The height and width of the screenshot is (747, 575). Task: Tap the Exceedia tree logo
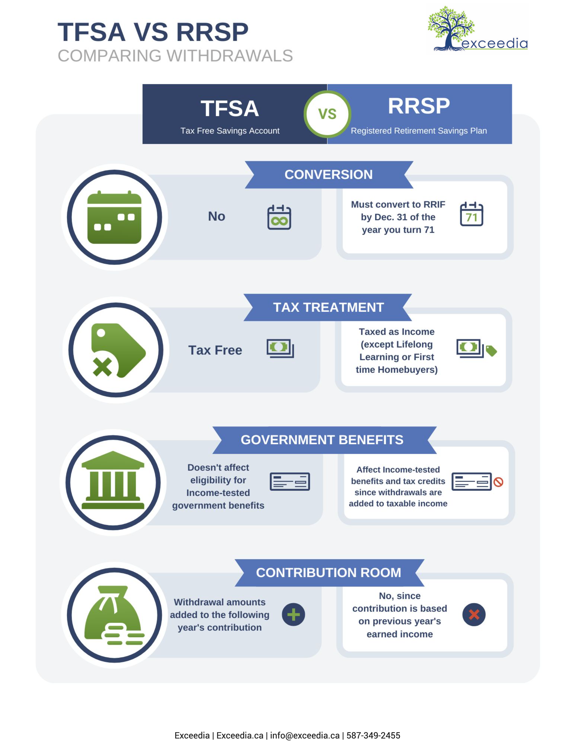click(478, 29)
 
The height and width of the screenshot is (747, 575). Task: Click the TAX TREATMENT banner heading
click(328, 307)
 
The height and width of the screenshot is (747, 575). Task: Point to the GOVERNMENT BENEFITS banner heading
click(322, 440)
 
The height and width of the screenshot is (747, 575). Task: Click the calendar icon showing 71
click(471, 214)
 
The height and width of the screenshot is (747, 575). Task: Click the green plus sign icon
click(294, 615)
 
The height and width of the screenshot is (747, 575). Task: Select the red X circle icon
click(474, 615)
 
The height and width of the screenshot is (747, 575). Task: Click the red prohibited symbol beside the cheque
click(498, 482)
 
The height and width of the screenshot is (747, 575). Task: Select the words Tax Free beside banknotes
click(215, 350)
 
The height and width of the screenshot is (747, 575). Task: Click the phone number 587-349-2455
click(373, 736)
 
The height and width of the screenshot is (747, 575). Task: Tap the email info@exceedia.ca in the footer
click(305, 736)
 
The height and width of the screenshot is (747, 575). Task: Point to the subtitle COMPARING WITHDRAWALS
click(175, 56)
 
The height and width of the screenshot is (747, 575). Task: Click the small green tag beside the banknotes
click(491, 351)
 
